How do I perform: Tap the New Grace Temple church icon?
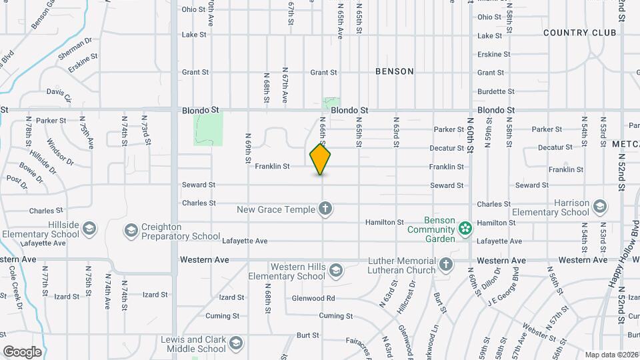(x=325, y=210)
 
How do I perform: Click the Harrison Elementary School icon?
(x=599, y=207)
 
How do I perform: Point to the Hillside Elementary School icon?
(x=89, y=230)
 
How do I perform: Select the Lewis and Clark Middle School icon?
(x=235, y=344)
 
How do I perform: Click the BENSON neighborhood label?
(x=395, y=71)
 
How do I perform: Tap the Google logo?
(x=22, y=352)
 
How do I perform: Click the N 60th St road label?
(x=470, y=137)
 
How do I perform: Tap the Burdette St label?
(x=496, y=91)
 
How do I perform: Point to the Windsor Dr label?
(x=61, y=151)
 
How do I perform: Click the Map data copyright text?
(x=611, y=355)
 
